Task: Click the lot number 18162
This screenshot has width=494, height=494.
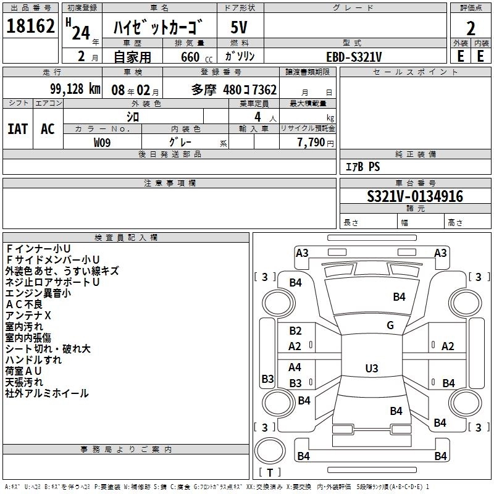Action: point(30,26)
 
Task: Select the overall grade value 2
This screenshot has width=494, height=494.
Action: point(471,28)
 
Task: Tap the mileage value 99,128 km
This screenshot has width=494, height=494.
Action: point(75,89)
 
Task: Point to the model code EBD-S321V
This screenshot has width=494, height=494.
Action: point(354,57)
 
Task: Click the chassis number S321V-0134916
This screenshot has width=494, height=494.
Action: point(415,196)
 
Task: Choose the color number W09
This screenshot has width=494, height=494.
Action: point(102,143)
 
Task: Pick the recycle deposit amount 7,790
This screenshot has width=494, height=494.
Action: point(311,143)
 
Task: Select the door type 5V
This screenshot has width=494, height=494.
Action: point(239,27)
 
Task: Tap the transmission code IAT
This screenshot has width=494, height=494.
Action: point(18,129)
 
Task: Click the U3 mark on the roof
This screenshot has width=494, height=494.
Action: point(372,368)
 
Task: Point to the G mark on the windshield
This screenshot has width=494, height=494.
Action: point(390,325)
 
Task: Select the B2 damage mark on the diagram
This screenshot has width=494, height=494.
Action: point(295,331)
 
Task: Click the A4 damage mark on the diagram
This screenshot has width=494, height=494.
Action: point(295,367)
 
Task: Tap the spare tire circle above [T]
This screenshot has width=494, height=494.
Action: point(270,451)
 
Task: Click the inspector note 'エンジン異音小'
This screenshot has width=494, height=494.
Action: point(38,293)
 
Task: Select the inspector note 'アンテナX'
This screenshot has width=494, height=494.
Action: point(28,316)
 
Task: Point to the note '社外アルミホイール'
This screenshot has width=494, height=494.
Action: point(47,393)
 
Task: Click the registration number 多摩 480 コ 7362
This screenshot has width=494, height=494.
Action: point(234,90)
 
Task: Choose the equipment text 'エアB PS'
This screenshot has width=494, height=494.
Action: point(362,167)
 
